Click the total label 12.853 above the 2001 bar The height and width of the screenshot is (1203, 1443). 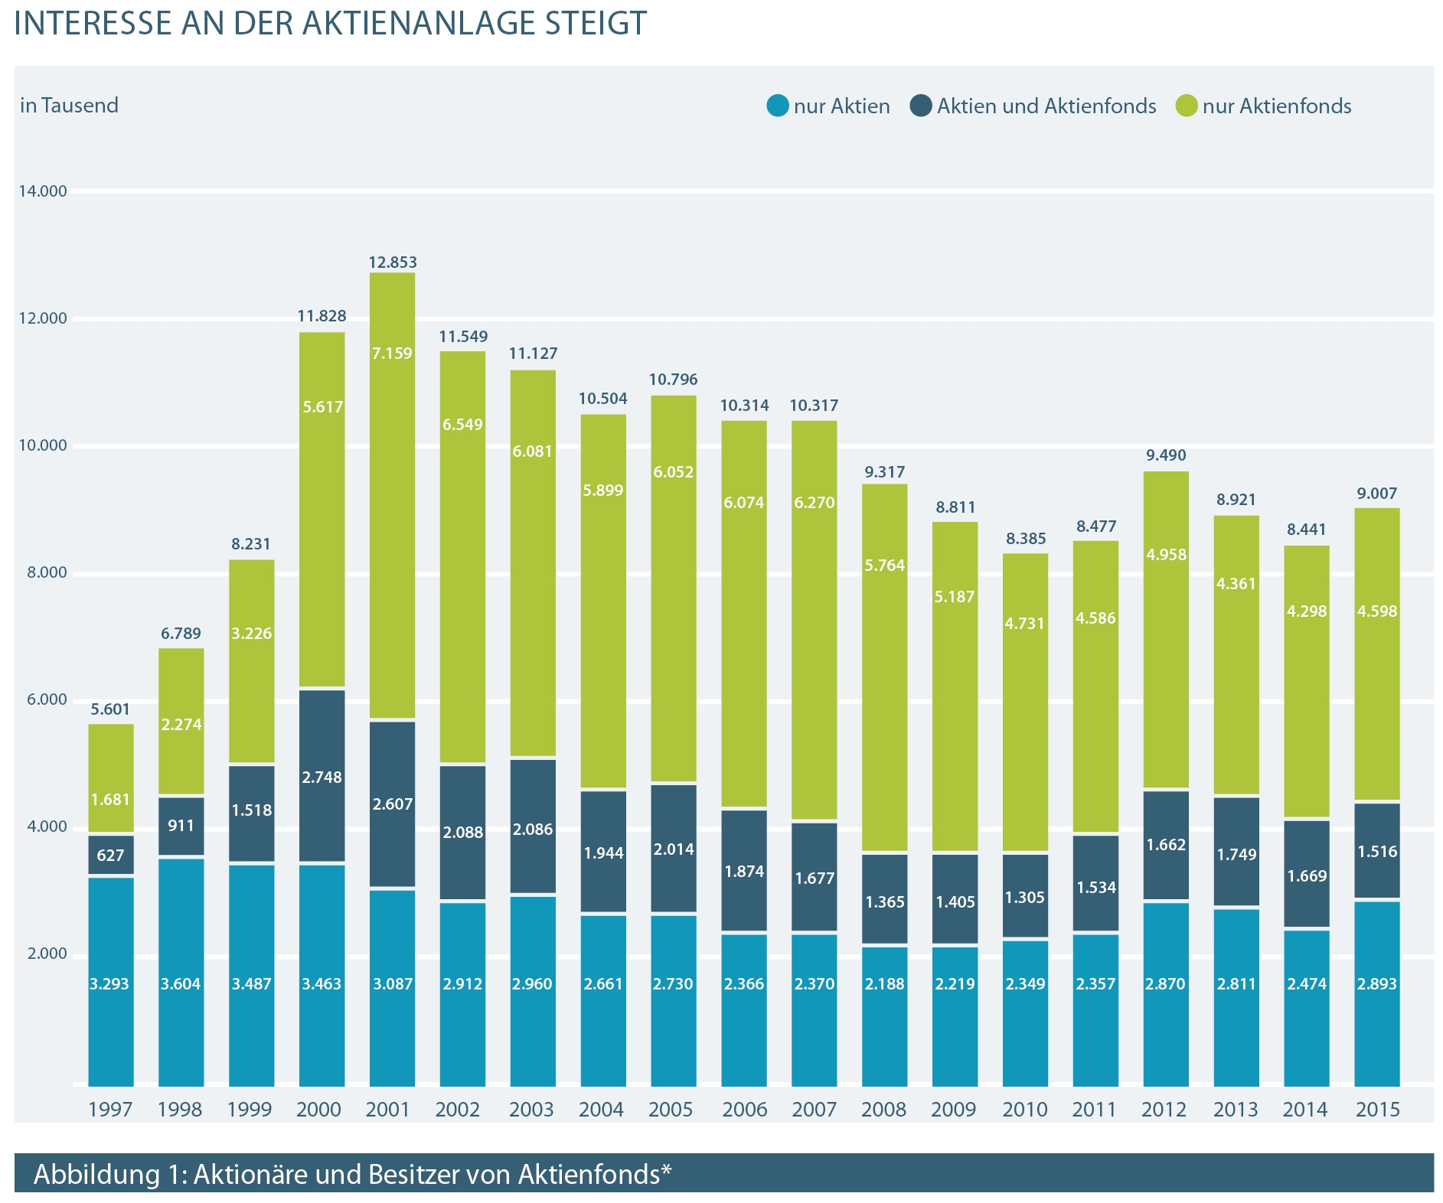[393, 262]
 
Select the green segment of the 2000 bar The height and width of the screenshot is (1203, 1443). [322, 509]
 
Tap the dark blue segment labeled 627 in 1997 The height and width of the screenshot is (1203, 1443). [111, 855]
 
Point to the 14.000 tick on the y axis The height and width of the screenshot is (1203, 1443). [43, 191]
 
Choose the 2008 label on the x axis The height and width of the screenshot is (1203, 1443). [883, 1109]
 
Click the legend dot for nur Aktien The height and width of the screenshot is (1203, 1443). [777, 106]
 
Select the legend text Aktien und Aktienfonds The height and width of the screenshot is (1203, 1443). [1046, 106]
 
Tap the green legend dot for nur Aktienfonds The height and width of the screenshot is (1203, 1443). [1187, 106]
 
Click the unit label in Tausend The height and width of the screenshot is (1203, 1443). [70, 105]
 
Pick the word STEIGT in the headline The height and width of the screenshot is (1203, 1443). [596, 23]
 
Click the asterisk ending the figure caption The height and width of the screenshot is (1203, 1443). [666, 1170]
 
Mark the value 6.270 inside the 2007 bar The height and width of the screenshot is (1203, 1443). [814, 503]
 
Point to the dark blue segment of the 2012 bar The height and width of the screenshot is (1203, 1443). [1165, 845]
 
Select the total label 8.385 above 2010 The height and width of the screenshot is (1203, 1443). [1025, 539]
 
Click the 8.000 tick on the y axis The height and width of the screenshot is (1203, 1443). [43, 572]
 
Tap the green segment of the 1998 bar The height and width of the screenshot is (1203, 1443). [181, 721]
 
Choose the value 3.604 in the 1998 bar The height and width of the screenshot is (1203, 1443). [181, 984]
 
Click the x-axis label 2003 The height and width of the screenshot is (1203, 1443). [531, 1109]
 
